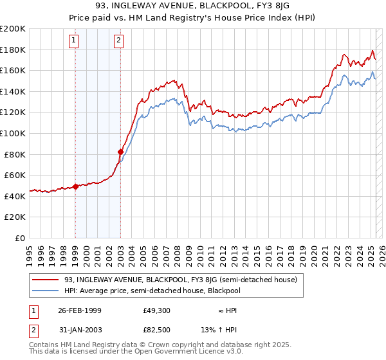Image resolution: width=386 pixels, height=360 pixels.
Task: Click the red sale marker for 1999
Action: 75,186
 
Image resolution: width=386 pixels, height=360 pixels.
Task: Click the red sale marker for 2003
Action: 120,152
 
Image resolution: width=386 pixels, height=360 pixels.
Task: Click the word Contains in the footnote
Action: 46,345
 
